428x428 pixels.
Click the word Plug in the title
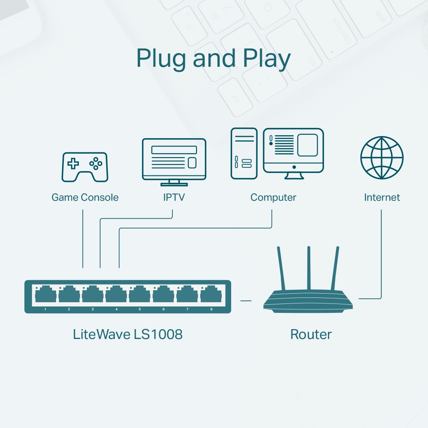tap(161, 59)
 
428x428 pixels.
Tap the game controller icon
tap(85, 166)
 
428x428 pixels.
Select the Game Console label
tap(85, 197)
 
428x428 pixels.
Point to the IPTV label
tap(174, 197)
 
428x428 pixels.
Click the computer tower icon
tap(244, 153)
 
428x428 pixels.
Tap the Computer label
tap(273, 197)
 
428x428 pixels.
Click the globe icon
tap(382, 158)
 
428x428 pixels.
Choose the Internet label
tap(382, 197)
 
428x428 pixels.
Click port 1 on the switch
tap(46, 295)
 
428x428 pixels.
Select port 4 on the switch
tap(116, 295)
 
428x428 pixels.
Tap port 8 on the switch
tap(211, 295)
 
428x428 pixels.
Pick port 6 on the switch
tap(163, 295)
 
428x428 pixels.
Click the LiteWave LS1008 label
tap(128, 334)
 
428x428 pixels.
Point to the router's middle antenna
tap(308, 270)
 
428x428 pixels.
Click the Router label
tap(311, 334)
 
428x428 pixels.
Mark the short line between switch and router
tap(246, 300)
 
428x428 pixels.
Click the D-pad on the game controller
tap(74, 163)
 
